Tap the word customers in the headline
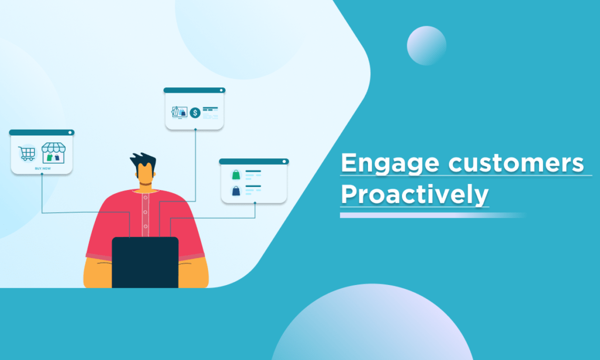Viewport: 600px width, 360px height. click(516, 163)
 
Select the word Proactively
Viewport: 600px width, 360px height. click(414, 195)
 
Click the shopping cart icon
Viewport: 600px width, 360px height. click(27, 154)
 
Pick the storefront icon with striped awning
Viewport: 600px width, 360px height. click(53, 153)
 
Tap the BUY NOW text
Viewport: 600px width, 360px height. click(42, 168)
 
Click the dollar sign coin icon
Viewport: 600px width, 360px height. click(195, 113)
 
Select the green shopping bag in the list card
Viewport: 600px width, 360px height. click(236, 175)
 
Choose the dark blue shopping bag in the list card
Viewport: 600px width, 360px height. click(236, 191)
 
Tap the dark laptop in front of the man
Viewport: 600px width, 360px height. click(145, 262)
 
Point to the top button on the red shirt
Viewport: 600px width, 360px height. click(145, 198)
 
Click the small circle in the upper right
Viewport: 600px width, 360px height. click(427, 46)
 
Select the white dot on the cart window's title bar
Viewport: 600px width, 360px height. click(70, 133)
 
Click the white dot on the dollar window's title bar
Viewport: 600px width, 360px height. click(221, 90)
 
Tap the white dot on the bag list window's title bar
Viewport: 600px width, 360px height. click(284, 162)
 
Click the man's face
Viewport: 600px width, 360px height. click(145, 174)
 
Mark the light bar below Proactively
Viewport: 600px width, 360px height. click(432, 215)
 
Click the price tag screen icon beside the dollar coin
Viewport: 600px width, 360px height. click(179, 112)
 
